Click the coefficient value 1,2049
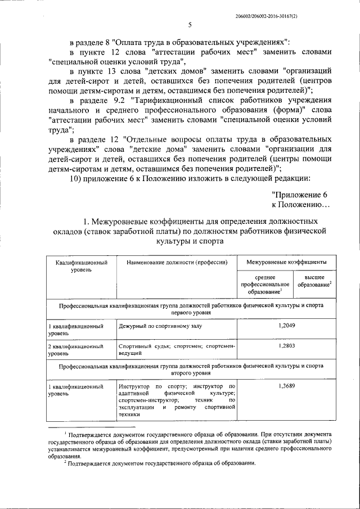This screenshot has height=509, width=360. [286, 326]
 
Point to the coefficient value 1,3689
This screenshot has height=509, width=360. [286, 386]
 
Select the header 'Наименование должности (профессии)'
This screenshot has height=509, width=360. [177, 262]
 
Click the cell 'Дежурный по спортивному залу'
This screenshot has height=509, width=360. [159, 326]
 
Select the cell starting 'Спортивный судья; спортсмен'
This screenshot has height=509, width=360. [177, 350]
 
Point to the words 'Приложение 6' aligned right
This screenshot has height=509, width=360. [299, 193]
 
